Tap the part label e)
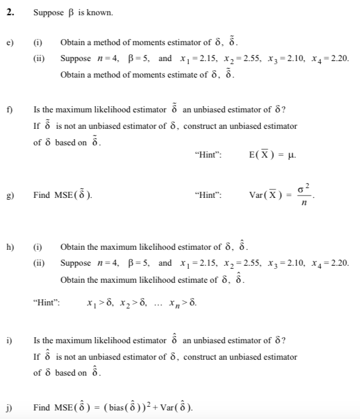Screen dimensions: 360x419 click(x=10, y=42)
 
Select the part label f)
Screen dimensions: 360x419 click(x=10, y=110)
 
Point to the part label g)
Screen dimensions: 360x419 click(x=10, y=195)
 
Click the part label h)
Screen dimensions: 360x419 click(x=10, y=247)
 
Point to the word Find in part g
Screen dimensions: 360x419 click(x=42, y=195)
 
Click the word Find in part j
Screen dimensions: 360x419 click(x=42, y=407)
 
